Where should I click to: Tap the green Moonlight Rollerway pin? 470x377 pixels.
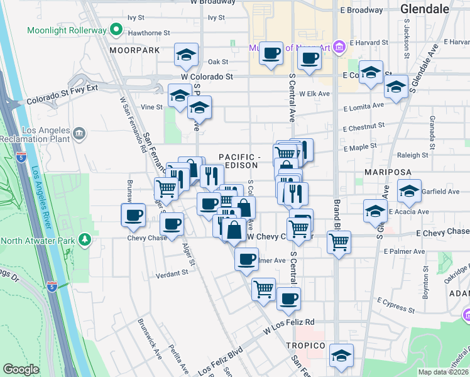tap(116, 30)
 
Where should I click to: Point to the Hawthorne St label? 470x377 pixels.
tap(148, 33)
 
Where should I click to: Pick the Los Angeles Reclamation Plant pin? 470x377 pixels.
tap(79, 133)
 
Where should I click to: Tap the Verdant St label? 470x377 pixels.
tap(172, 273)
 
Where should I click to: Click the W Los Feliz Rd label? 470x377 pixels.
tap(289, 325)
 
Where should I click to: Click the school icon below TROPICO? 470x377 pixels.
tap(341, 356)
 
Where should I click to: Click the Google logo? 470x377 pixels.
tap(21, 369)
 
